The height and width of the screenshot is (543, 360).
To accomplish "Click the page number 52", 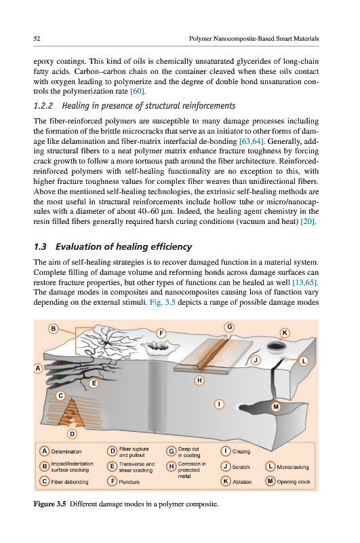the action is click(x=37, y=39).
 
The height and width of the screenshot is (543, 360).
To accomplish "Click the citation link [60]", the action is click(x=138, y=92).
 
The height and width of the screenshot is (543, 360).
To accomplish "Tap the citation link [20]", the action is click(x=308, y=221).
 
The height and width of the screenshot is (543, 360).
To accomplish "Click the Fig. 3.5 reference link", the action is click(x=163, y=302).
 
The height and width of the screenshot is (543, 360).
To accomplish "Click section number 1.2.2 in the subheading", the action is click(x=43, y=106).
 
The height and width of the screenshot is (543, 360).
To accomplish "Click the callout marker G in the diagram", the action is click(x=229, y=327).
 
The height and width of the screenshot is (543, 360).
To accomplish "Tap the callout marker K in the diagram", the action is click(x=285, y=333).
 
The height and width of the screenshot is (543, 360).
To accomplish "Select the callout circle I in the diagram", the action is click(x=219, y=404).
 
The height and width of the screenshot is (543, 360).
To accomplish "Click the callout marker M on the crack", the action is click(x=276, y=407).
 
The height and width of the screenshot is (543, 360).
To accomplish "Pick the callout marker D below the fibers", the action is click(x=72, y=434).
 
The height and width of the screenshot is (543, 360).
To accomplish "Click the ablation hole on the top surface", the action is click(x=276, y=346).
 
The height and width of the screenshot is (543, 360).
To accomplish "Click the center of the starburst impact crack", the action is click(x=106, y=343).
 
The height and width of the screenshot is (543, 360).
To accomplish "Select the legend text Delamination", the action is click(x=66, y=451).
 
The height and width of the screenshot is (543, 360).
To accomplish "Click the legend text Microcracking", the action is click(x=293, y=467).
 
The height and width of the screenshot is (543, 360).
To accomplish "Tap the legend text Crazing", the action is click(x=241, y=451).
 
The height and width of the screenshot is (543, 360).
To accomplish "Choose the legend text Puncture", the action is click(x=129, y=482).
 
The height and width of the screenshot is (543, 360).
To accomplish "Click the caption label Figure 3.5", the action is click(x=49, y=504).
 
